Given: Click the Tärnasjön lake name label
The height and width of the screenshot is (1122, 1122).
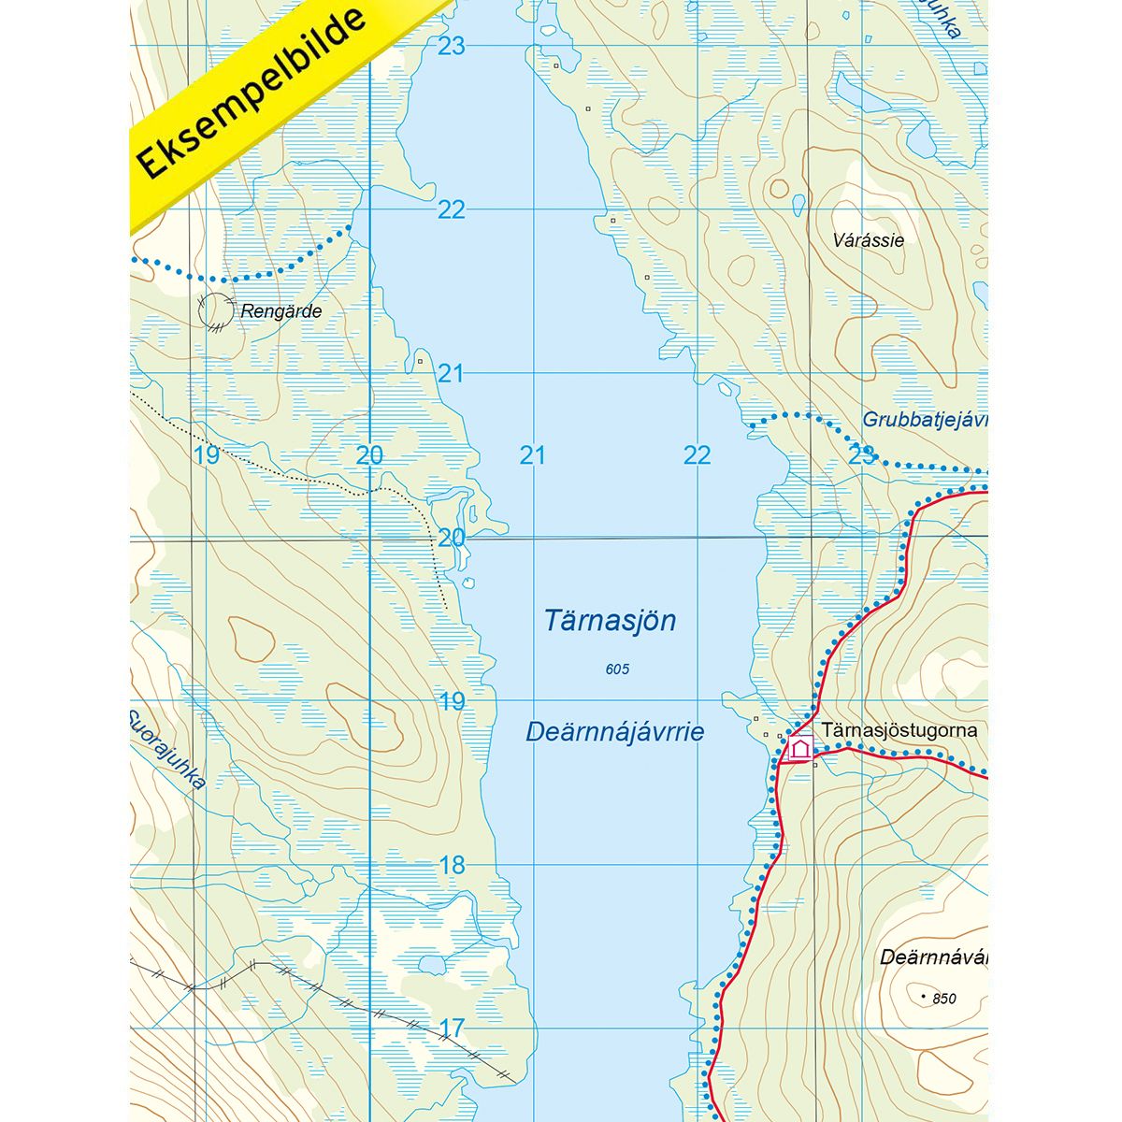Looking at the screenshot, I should [x=610, y=621].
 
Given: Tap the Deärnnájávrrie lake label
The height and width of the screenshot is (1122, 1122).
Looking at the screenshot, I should [x=614, y=732].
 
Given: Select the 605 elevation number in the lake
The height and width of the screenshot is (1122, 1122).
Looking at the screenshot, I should [x=617, y=669].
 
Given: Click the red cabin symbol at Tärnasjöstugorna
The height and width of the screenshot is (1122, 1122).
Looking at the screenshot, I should [x=799, y=748].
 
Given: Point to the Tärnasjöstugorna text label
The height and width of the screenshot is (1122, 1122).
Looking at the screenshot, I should [x=899, y=729].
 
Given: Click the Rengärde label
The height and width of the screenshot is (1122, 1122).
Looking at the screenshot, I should [x=280, y=311].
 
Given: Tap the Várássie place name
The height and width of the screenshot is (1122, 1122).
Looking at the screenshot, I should [x=868, y=240].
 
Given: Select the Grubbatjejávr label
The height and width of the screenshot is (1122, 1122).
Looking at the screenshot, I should [x=924, y=421].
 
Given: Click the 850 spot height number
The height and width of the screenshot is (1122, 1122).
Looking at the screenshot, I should [x=944, y=999].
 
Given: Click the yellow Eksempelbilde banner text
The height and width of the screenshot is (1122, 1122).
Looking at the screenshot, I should [x=252, y=93].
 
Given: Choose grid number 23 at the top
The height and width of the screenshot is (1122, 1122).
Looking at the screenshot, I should [x=452, y=46].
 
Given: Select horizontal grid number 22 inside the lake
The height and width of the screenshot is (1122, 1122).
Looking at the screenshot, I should [x=697, y=455].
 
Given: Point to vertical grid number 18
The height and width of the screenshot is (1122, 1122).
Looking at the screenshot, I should [x=452, y=866].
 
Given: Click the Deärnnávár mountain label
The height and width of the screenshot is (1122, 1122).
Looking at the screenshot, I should [x=933, y=957].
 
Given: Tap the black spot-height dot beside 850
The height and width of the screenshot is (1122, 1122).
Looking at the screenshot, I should [x=924, y=998].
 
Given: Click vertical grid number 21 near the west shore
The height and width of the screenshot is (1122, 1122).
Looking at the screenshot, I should [x=452, y=374].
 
